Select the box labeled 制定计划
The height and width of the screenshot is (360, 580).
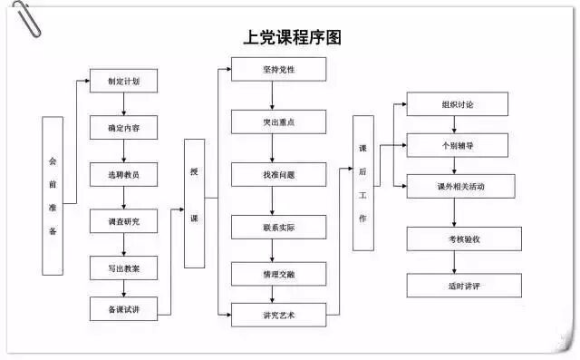point(123,80)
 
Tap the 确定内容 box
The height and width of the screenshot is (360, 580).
point(123,127)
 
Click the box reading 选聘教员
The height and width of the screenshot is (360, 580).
point(123,174)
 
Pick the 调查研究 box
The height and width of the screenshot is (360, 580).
point(123,220)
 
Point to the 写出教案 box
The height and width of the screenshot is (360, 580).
point(123,267)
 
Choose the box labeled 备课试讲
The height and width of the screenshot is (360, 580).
point(123,309)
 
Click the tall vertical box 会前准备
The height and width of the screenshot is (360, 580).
point(53,195)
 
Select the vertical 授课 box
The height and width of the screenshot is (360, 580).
point(194,203)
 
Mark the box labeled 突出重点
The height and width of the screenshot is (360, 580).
point(278,122)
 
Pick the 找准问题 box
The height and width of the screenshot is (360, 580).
point(278,174)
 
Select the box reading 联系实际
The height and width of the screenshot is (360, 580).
point(278,226)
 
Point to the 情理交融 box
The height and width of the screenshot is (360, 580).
point(278,273)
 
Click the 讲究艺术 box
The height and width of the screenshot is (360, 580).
point(278,316)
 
